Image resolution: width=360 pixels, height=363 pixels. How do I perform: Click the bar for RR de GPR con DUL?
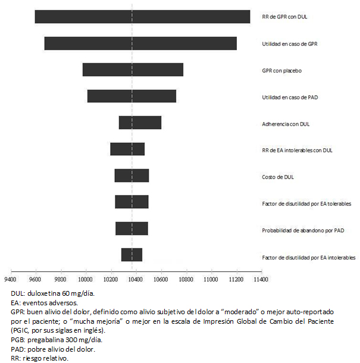142,17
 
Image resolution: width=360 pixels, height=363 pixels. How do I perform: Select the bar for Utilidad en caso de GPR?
140,43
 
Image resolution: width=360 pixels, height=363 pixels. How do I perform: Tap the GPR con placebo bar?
133,70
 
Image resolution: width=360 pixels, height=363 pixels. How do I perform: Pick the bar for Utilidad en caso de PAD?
132,96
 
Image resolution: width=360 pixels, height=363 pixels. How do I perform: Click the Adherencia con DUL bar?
140,123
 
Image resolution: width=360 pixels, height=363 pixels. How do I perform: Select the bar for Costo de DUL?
132,176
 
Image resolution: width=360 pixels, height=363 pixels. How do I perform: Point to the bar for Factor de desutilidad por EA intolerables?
132,255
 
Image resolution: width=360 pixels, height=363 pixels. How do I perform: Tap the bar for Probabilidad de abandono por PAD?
132,229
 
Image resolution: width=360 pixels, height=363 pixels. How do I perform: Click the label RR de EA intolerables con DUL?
297,151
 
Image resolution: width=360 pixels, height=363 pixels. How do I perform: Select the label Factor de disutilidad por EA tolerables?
306,204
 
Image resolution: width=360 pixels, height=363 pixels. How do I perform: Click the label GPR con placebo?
281,71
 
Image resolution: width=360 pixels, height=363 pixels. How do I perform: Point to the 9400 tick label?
11,280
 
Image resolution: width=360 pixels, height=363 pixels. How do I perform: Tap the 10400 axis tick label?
136,280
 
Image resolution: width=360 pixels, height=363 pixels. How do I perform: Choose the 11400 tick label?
261,280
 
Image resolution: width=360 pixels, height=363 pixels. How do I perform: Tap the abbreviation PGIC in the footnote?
20,330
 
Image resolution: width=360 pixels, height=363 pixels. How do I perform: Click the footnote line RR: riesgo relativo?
40,358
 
